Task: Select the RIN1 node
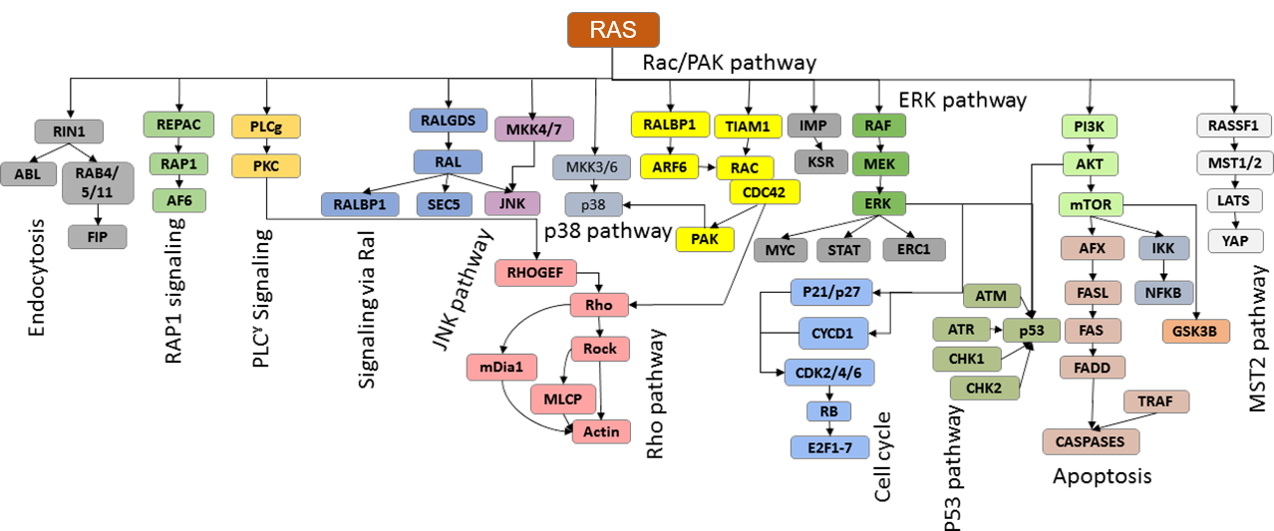point(69,131)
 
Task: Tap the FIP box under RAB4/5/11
point(97,236)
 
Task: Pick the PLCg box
point(265,127)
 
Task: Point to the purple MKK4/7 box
point(531,128)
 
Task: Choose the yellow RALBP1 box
point(669,125)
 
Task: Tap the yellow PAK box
point(704,238)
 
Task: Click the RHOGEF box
point(535,271)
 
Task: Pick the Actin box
point(601,430)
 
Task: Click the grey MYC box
point(781,250)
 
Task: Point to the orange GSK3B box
point(1194,332)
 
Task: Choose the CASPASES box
point(1090,440)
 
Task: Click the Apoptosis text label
point(1103,477)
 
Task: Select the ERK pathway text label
point(962,101)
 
